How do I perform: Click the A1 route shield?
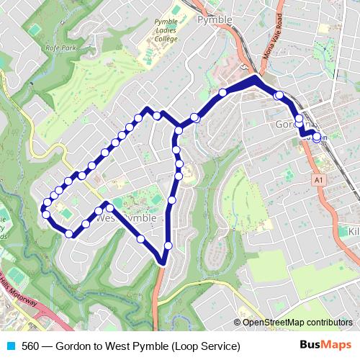pos(317,178)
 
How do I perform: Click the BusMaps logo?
pos(327,346)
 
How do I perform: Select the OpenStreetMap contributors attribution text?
pos(297,322)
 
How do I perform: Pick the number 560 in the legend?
pos(31,346)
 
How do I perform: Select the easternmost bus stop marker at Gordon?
pos(317,137)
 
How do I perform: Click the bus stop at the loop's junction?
pos(178,130)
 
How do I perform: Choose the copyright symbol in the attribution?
pos(238,322)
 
